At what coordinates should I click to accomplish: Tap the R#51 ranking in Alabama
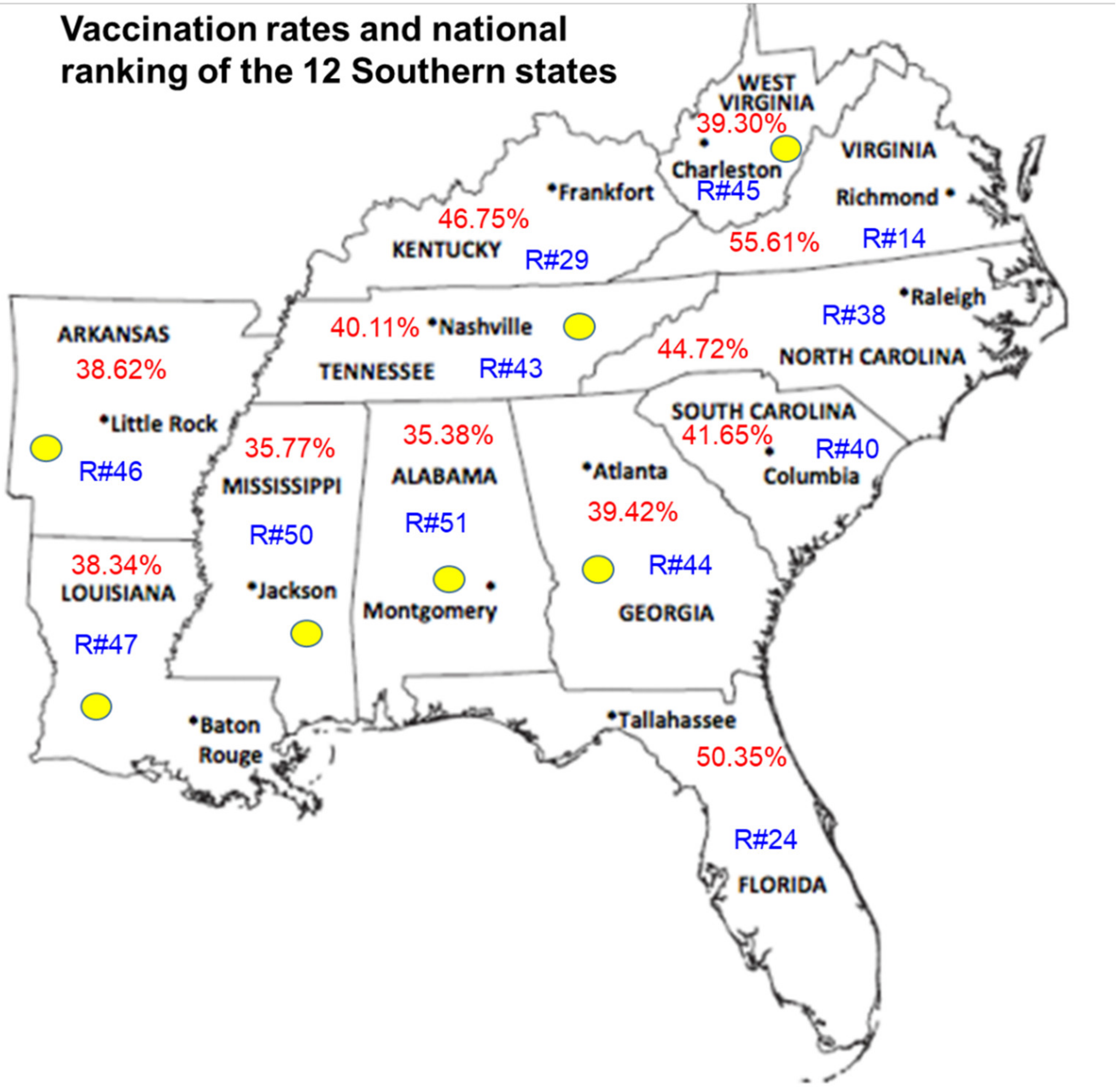436,523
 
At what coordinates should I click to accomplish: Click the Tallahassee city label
676,720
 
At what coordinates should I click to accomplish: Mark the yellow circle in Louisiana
96,707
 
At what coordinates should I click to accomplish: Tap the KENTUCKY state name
446,250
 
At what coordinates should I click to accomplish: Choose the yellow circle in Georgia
598,569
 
